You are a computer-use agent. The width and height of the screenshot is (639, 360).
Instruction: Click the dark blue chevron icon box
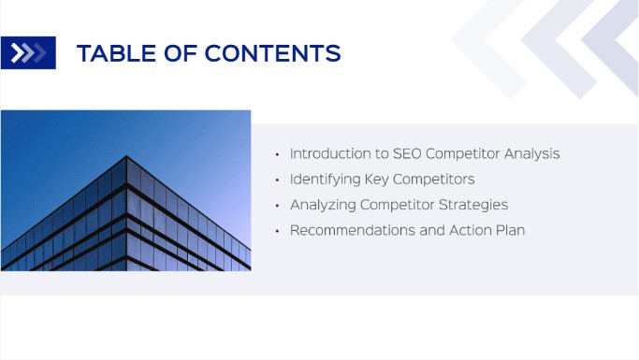[x=28, y=53]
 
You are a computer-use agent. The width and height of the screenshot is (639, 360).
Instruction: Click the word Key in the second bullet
[x=378, y=179]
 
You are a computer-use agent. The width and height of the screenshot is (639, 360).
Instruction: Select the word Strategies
[x=474, y=204]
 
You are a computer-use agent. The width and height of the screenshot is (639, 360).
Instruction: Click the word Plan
[x=508, y=229]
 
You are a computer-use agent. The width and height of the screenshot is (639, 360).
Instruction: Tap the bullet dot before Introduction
[x=277, y=154]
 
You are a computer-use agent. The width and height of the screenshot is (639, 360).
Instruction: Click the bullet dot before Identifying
[x=277, y=180]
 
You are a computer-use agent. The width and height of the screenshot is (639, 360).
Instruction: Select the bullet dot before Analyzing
[x=277, y=205]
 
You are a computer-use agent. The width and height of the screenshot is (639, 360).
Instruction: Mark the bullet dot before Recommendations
[x=277, y=230]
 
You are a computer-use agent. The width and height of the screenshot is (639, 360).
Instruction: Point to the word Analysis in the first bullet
[x=532, y=153]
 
